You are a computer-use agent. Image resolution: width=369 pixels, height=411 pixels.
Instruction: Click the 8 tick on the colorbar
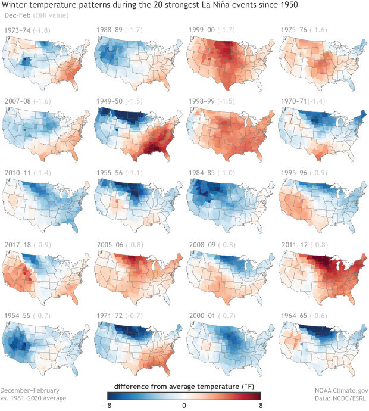point(260,405)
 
